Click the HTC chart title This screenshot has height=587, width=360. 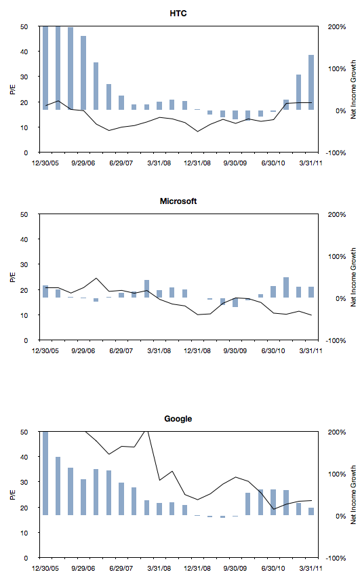[178, 14]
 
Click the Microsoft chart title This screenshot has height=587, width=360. [178, 201]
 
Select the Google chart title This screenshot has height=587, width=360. [178, 418]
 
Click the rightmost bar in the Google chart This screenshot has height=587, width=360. [311, 511]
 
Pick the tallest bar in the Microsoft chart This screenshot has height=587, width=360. [286, 287]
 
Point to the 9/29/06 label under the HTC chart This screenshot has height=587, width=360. [83, 163]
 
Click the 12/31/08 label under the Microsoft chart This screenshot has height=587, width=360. [197, 351]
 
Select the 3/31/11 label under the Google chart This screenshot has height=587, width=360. [311, 568]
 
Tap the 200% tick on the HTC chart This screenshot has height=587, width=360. [337, 27]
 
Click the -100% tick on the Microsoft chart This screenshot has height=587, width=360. [336, 341]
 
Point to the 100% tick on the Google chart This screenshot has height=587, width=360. [337, 474]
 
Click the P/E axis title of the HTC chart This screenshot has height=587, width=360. [13, 89]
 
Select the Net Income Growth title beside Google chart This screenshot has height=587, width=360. [353, 495]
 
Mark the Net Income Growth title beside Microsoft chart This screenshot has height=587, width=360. [353, 277]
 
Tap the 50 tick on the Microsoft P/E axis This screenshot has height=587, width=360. [24, 214]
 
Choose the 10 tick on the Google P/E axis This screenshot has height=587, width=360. [24, 533]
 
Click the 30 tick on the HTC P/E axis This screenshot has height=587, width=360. [24, 77]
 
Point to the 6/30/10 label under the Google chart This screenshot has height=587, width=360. [273, 568]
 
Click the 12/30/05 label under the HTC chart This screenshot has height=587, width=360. [45, 163]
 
